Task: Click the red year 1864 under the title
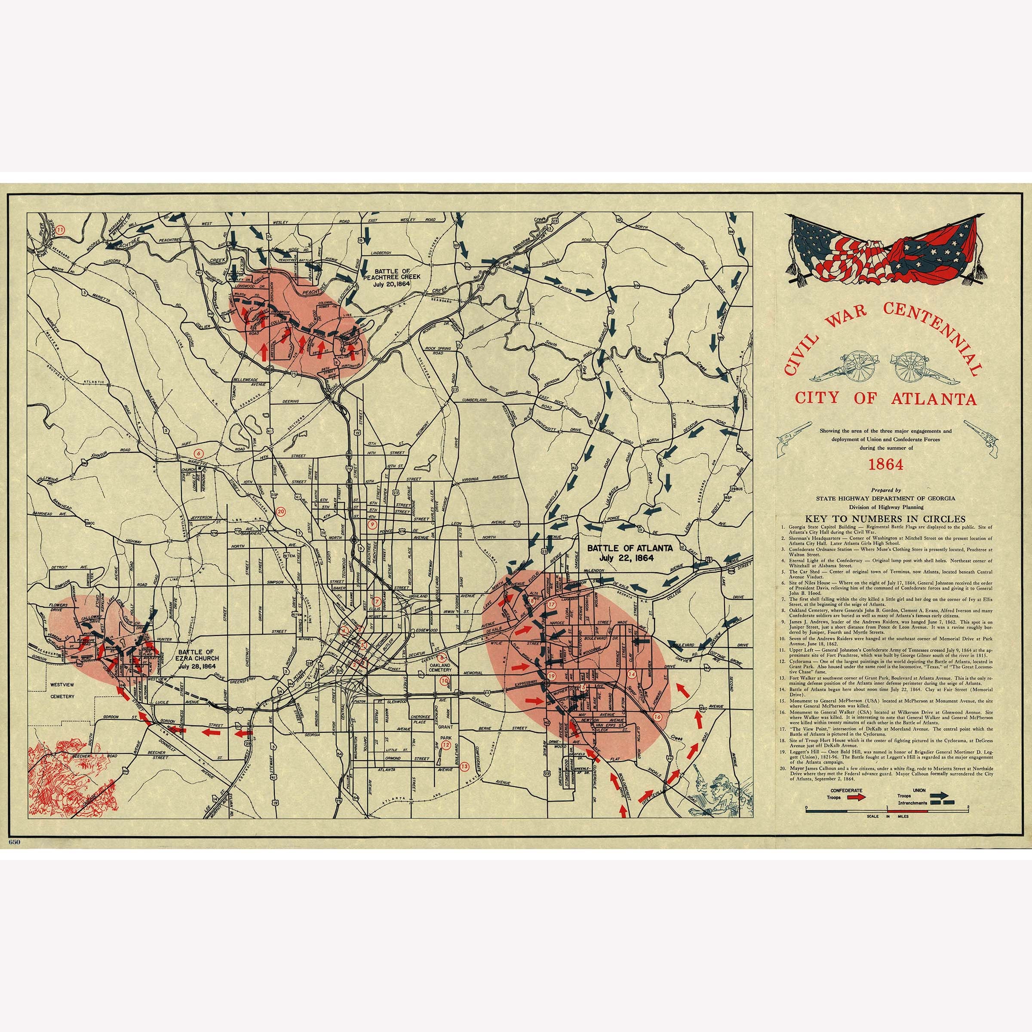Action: pos(886,464)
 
